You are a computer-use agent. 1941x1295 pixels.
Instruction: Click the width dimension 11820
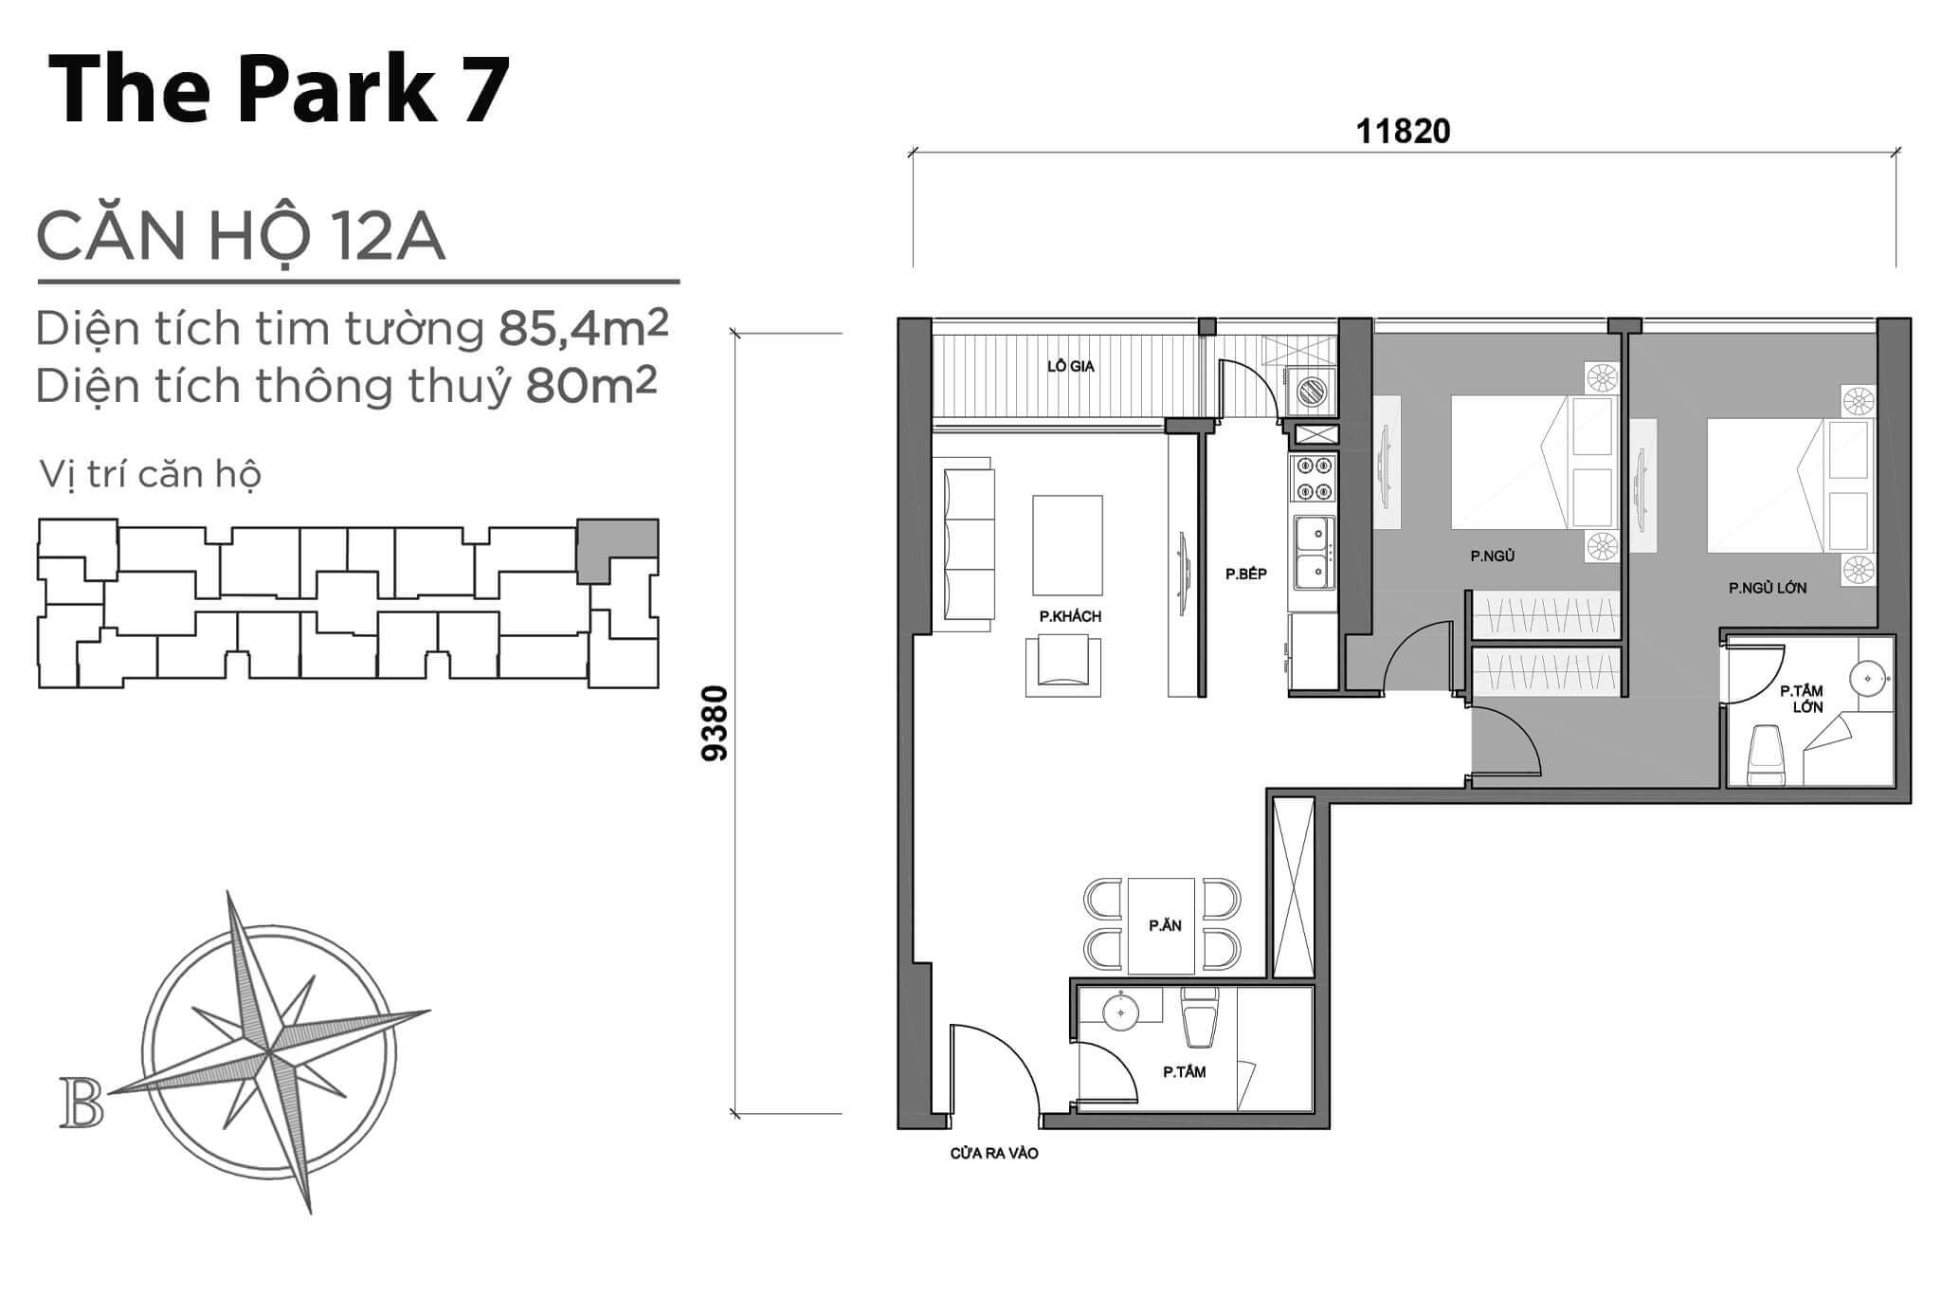1403,132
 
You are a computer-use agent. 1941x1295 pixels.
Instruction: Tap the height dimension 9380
716,723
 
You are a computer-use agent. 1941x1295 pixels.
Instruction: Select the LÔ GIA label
1071,366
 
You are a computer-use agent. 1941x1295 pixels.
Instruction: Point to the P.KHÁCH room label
1070,616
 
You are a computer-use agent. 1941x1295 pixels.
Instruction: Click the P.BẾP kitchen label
1245,574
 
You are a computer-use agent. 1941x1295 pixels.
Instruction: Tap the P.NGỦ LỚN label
1768,588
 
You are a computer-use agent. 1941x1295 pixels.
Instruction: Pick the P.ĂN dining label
1165,925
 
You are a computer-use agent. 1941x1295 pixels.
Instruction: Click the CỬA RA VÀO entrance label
994,1154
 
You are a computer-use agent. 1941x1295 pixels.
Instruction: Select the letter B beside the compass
82,1103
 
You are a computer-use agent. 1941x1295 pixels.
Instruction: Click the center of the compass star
270,1052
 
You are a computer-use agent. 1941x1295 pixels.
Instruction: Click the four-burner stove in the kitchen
1313,479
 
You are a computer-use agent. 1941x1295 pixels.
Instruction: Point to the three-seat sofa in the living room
969,545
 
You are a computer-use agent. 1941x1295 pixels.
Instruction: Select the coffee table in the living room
1067,545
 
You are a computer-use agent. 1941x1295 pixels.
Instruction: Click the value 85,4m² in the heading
584,327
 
